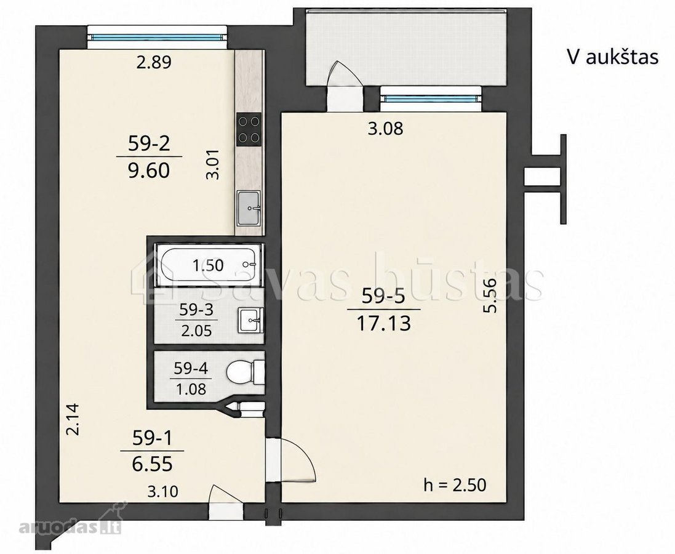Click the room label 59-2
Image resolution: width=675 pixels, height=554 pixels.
coord(149,143)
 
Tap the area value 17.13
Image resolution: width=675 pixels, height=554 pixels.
coord(384,323)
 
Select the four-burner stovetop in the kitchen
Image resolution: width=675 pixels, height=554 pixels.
coord(249,130)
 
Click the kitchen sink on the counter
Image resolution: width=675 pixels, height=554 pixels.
coord(249,209)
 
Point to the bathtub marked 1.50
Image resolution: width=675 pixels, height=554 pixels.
coord(207,265)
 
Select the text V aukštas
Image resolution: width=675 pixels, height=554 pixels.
coord(613,57)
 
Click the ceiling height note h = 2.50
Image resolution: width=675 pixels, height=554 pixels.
coord(455,485)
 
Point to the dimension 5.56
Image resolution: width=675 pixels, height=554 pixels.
coord(490,295)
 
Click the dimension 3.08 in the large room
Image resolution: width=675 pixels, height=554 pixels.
coord(385,129)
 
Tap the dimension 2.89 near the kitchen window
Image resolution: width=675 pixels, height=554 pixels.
coord(154,62)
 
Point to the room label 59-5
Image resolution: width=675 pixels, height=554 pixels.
coord(383,296)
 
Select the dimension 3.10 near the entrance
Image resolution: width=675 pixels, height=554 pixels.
coord(162,491)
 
